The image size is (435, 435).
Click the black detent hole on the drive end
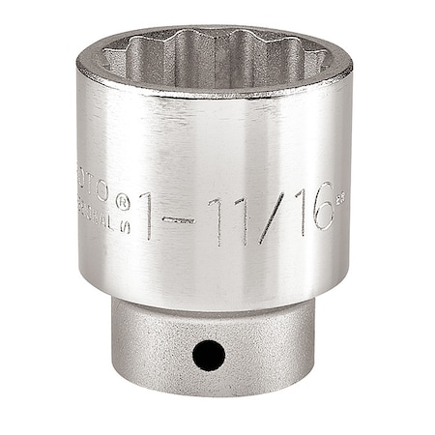[x=208, y=355]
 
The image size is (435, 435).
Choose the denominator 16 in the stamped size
[x=307, y=207]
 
